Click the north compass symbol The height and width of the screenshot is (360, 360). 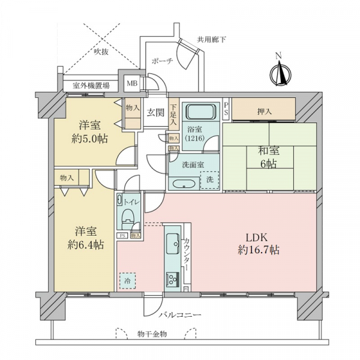(281, 73)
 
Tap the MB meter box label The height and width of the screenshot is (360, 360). (132, 83)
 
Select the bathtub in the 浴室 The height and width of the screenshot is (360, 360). (200, 112)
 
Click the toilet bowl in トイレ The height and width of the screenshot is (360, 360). (128, 217)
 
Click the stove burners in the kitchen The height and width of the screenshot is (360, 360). (173, 279)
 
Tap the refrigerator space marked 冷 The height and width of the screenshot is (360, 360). (127, 281)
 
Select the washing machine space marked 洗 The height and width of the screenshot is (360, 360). (209, 180)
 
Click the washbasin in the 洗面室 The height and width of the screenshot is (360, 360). (184, 184)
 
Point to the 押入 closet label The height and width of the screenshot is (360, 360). (265, 112)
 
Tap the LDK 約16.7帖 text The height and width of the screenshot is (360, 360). (258, 244)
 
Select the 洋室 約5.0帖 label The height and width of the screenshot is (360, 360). (89, 132)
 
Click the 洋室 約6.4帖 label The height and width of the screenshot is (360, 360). (86, 238)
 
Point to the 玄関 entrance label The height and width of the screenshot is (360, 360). (155, 113)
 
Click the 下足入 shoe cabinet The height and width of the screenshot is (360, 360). (173, 115)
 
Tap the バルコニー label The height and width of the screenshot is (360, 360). (180, 315)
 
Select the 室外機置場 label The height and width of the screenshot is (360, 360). (91, 86)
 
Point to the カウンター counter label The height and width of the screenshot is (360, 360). (187, 254)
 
